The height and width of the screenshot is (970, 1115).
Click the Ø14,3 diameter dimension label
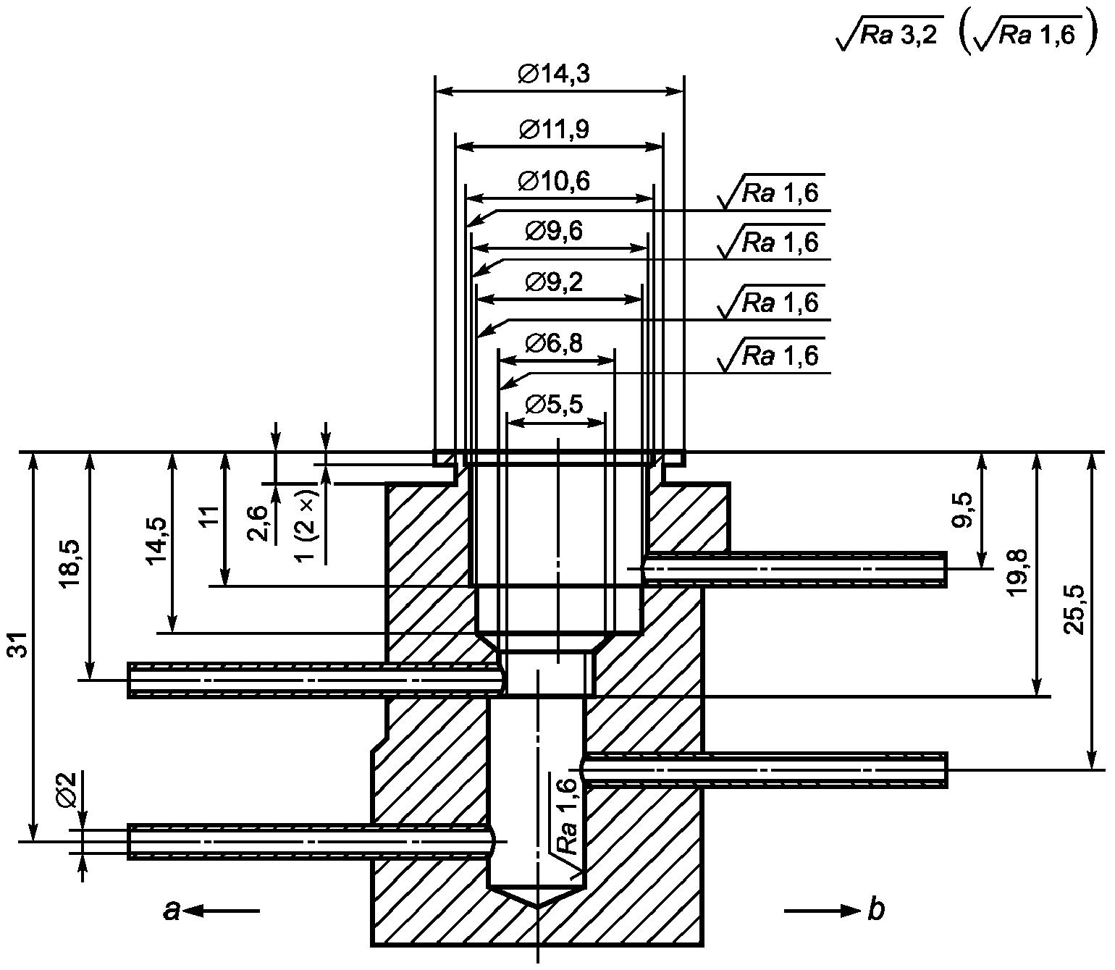(554, 75)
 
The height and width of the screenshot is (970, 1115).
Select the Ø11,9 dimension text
(554, 130)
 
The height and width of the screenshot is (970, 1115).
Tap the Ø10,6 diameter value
(554, 181)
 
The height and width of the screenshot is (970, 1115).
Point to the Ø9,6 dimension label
(554, 231)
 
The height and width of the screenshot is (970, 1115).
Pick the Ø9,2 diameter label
(554, 282)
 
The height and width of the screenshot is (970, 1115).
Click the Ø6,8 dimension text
(554, 343)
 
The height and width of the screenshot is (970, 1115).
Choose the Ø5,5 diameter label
(554, 404)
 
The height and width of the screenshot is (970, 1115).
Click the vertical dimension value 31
(20, 645)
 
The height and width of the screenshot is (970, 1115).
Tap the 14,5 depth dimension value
(159, 541)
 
